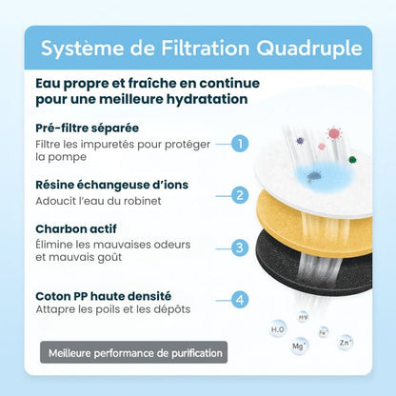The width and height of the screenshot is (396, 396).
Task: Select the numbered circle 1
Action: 241,144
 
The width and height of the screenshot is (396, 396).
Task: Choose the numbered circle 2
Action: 241,195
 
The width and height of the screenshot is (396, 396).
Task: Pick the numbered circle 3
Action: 241,247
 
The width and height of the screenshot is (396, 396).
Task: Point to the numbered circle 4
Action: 241,299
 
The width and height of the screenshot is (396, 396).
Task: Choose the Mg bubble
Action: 300,347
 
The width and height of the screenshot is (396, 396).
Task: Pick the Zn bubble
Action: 346,340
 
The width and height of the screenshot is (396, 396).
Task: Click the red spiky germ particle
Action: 334,133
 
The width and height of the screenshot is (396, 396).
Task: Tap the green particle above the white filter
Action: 352,160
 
